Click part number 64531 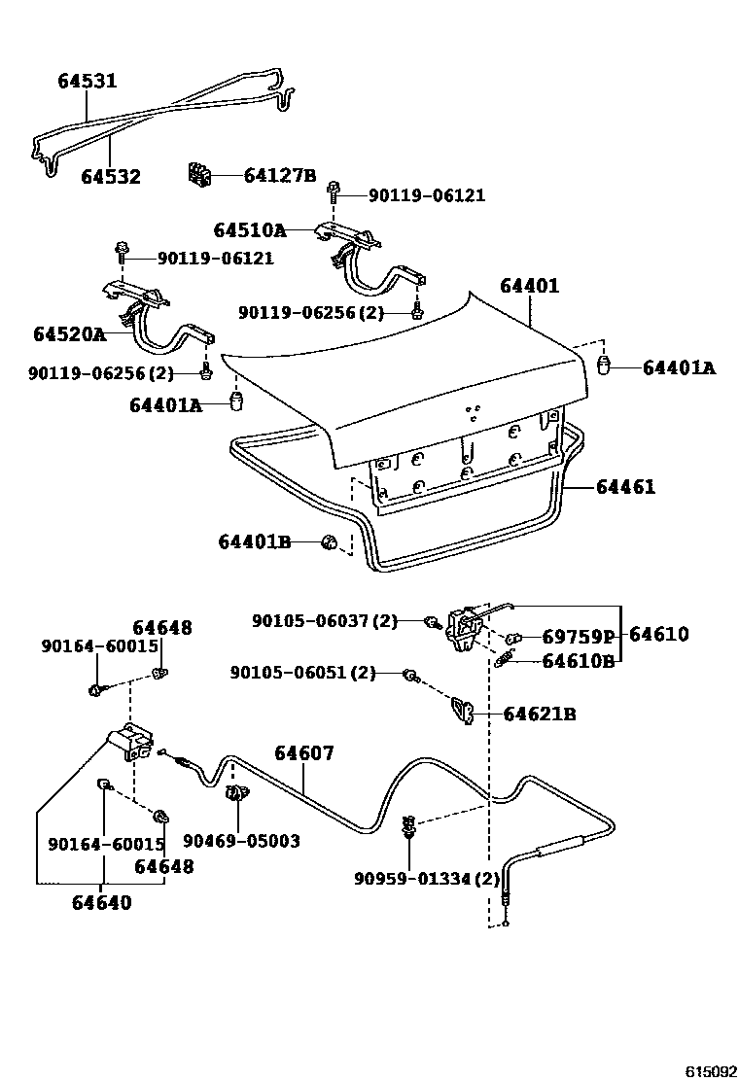(86, 81)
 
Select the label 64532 (110, 177)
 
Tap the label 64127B (280, 176)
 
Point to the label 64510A (249, 230)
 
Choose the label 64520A (69, 334)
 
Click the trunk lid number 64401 (530, 286)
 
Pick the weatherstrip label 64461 (626, 487)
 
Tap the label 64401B (254, 541)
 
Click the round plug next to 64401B (331, 542)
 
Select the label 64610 (658, 635)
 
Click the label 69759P (579, 638)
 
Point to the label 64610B (579, 662)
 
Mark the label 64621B (540, 715)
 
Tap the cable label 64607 (303, 752)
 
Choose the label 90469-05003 (241, 841)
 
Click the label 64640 (101, 902)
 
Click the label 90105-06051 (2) (302, 673)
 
